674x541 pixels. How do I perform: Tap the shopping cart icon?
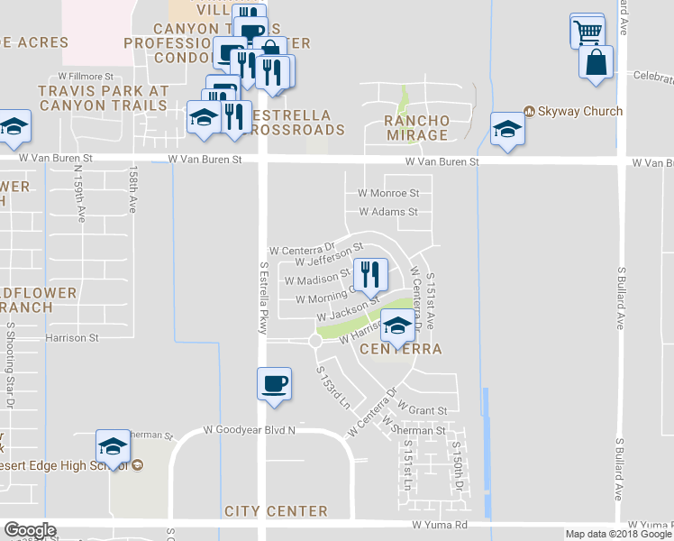coord(587,32)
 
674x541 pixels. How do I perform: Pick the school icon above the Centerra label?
coord(396,325)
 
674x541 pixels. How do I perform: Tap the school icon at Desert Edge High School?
coord(114,445)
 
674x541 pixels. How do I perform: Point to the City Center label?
coord(276,511)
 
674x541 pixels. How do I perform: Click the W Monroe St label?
coord(388,193)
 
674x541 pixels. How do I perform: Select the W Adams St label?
coord(388,213)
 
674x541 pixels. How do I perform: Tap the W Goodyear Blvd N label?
coord(249,430)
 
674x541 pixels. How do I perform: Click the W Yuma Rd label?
coord(440,524)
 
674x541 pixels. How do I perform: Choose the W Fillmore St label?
coord(86,78)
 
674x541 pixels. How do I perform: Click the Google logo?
coord(30,530)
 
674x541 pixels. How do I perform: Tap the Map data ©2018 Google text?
coord(617,534)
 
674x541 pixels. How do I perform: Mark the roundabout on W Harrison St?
coord(315,341)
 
